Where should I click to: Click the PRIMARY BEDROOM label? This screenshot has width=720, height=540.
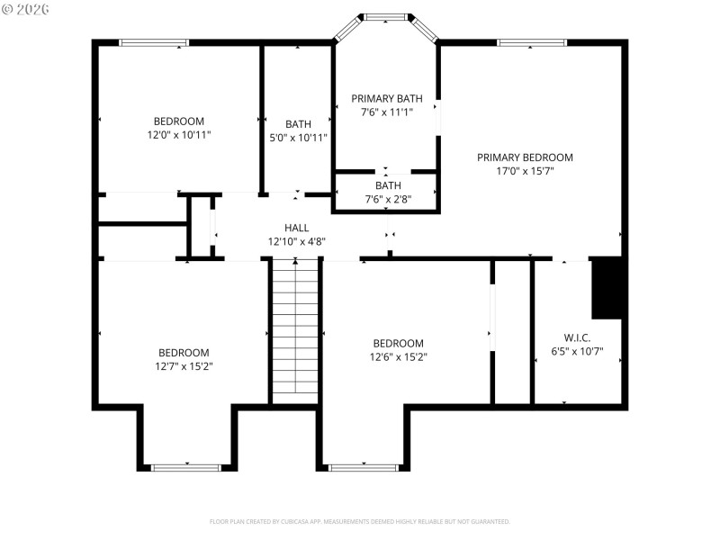click(525, 157)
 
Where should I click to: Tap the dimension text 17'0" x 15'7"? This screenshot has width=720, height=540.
click(525, 171)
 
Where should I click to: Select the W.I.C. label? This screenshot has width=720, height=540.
click(577, 338)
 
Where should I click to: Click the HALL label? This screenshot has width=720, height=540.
click(296, 228)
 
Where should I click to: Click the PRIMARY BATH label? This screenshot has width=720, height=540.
click(386, 98)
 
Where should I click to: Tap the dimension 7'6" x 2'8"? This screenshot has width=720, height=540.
click(388, 199)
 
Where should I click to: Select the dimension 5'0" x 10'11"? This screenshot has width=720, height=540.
click(298, 138)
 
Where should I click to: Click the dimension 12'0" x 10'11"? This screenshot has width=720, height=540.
click(178, 135)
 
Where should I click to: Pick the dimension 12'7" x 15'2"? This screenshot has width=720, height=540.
click(184, 366)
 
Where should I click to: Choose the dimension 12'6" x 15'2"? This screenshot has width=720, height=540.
click(398, 357)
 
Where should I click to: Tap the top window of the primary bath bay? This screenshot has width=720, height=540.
click(386, 16)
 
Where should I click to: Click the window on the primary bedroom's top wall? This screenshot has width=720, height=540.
click(532, 42)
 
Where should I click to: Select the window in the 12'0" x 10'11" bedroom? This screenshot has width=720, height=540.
click(154, 42)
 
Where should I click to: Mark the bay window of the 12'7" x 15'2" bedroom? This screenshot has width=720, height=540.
click(186, 467)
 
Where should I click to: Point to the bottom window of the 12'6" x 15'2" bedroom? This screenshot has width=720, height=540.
click(364, 467)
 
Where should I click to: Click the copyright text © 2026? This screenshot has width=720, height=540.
click(26, 9)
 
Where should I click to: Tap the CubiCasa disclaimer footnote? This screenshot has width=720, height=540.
click(360, 521)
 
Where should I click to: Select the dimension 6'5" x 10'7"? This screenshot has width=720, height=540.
click(577, 353)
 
